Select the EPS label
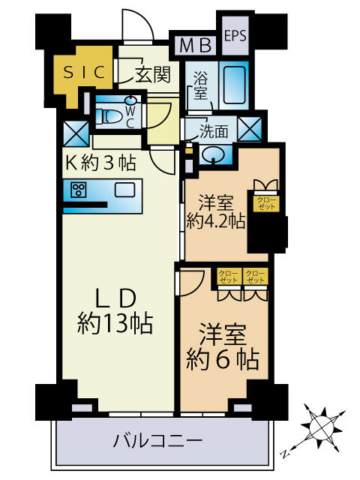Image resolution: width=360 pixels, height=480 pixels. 235,35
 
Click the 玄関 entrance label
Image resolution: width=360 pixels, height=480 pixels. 153,73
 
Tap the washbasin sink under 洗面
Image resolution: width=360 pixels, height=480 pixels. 214,153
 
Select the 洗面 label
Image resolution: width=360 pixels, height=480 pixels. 214,132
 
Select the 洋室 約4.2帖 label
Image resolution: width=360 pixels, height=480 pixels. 215,211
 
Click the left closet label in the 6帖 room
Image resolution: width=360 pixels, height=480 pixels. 229,276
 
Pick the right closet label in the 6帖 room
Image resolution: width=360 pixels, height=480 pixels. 256,276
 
